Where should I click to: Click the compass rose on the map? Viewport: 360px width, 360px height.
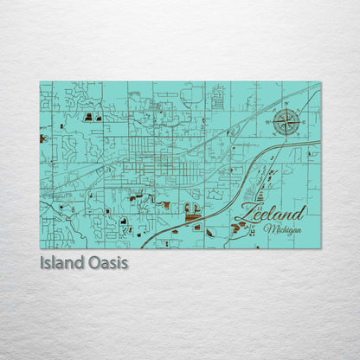pos(286,121)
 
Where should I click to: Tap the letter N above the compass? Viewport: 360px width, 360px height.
pos(286,103)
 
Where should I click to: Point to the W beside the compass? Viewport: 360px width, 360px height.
pos(268,122)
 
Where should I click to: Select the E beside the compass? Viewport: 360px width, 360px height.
pos(304,121)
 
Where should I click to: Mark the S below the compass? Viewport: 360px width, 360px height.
pos(286,140)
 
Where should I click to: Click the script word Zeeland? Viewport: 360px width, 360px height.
pos(269,213)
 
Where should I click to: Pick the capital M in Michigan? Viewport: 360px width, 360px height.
pos(268,229)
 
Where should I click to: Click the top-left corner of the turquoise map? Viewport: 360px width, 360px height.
pos(41,82)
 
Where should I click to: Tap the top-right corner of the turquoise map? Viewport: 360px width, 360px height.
pos(319,82)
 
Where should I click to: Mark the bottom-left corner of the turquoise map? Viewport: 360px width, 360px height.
pos(41,248)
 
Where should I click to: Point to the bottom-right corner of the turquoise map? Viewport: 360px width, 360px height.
pos(319,248)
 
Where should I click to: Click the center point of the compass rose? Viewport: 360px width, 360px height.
pos(286,121)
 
